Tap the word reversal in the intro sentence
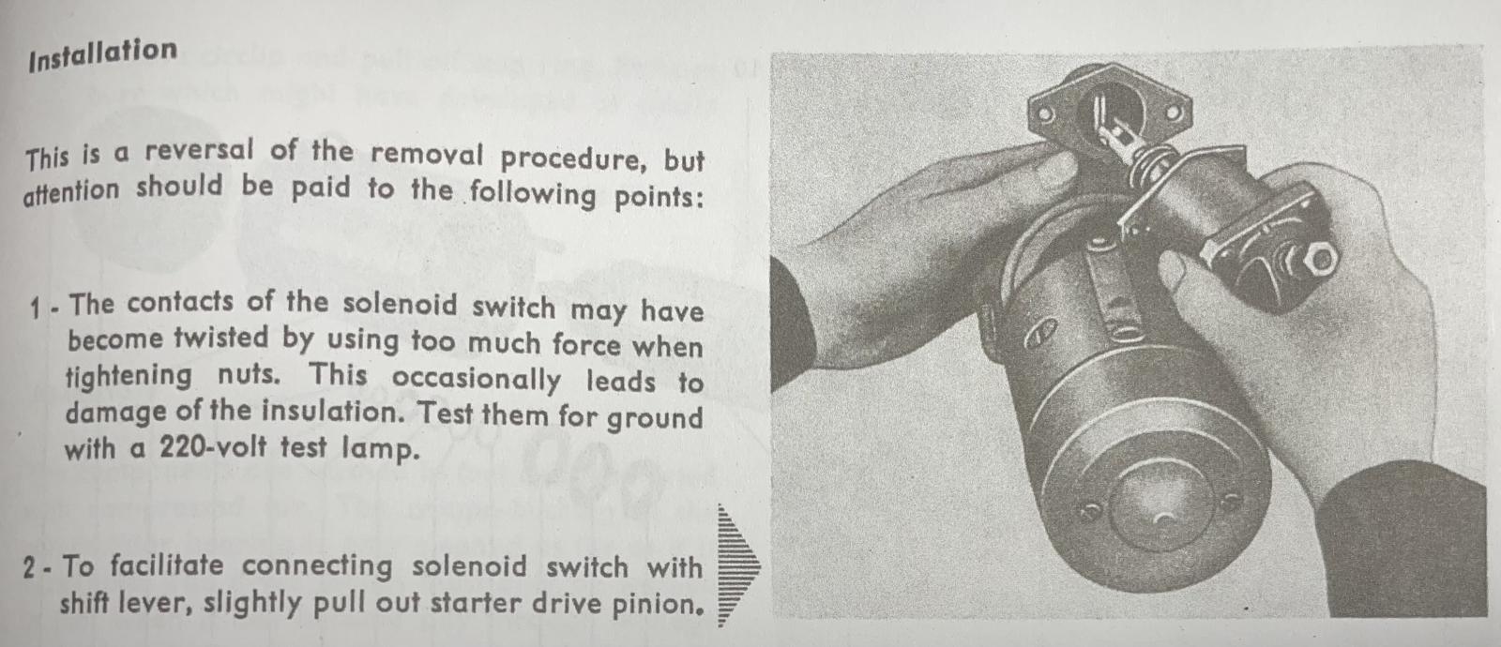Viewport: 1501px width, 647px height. coord(199,150)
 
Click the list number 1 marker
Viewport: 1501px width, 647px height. coord(37,308)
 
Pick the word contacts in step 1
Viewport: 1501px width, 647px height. coord(179,303)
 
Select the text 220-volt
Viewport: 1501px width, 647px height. coord(212,446)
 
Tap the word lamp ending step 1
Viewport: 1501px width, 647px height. coord(380,449)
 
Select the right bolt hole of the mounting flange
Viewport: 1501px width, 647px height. coord(1174,113)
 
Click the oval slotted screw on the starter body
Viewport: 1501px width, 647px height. coord(1039,332)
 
